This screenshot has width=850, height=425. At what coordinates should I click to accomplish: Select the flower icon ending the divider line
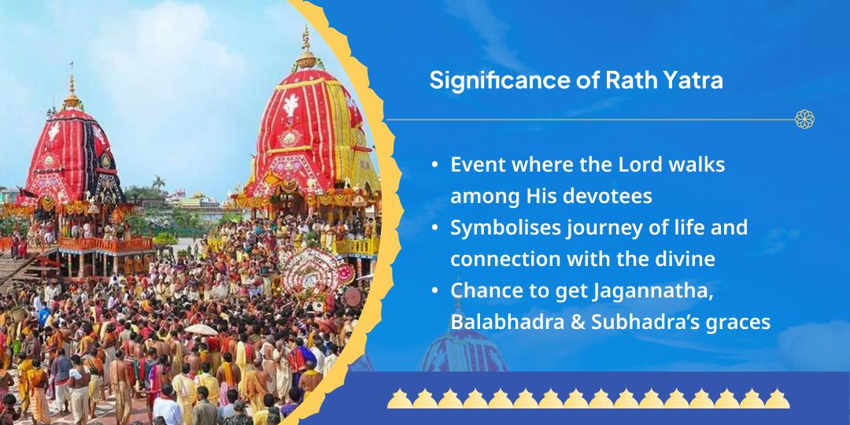804,120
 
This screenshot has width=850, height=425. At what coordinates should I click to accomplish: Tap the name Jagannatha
652,292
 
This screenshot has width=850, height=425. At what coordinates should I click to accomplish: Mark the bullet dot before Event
434,164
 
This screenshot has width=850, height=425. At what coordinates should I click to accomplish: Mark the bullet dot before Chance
434,292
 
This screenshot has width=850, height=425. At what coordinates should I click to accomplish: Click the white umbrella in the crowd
201,330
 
